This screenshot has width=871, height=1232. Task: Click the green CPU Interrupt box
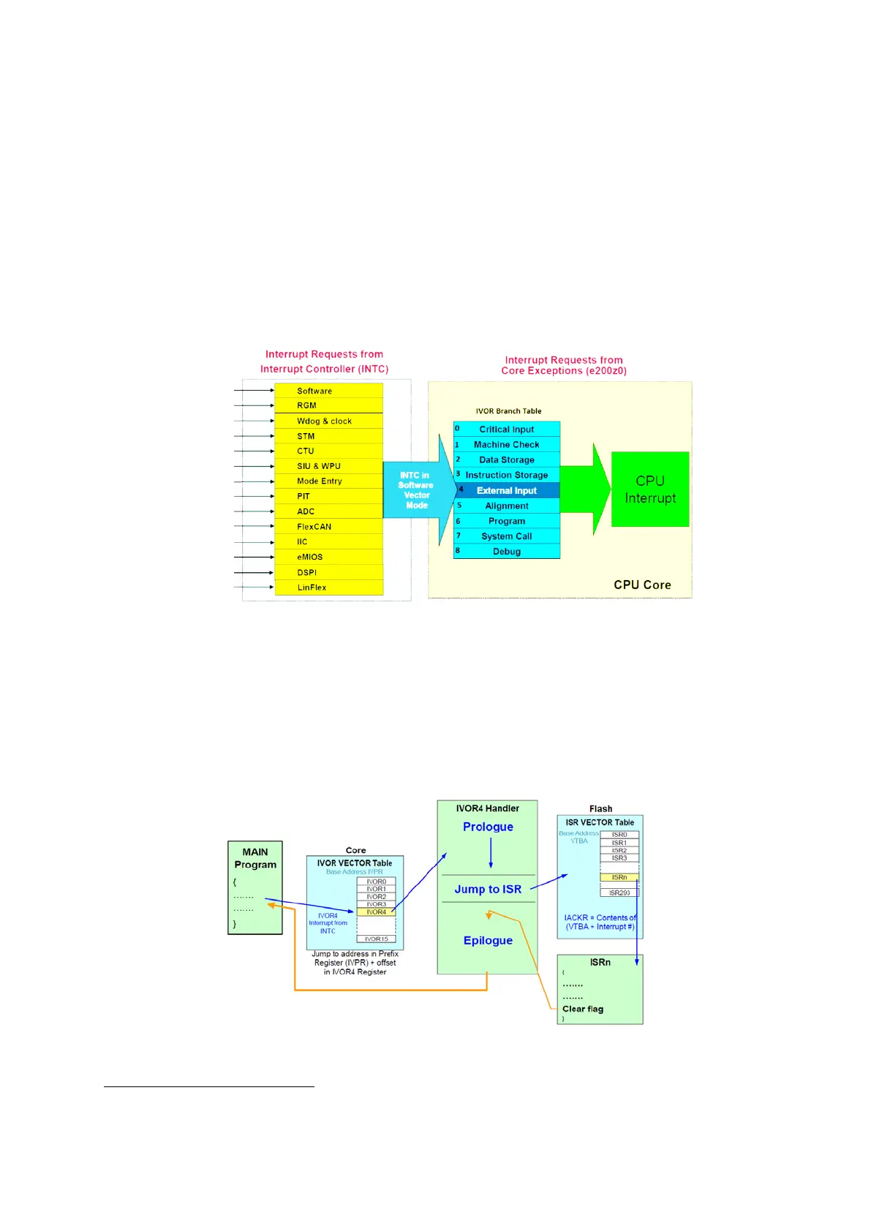point(649,489)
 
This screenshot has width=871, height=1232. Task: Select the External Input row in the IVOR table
point(506,490)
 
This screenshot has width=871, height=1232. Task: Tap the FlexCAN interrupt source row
point(328,526)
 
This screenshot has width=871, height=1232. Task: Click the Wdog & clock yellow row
point(328,421)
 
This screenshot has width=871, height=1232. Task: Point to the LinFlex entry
point(328,587)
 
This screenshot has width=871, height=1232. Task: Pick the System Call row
point(506,536)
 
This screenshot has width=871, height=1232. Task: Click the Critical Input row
point(506,429)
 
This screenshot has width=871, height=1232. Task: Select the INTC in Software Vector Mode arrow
point(416,490)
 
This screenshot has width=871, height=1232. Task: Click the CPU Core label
point(642,585)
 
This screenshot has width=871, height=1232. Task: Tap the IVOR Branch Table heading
point(508,411)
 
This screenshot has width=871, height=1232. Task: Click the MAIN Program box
point(255,887)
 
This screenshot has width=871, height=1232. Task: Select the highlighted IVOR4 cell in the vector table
point(376,912)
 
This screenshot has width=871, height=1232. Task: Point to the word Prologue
point(488,827)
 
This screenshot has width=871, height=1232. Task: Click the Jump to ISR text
point(488,889)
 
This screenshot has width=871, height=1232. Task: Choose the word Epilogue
point(488,940)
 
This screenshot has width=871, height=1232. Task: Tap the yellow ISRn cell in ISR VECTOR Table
point(619,877)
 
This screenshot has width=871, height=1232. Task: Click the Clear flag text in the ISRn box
point(583,1009)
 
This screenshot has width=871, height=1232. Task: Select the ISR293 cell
point(619,893)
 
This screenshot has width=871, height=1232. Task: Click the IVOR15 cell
point(376,939)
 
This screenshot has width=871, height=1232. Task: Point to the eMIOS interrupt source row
point(328,557)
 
